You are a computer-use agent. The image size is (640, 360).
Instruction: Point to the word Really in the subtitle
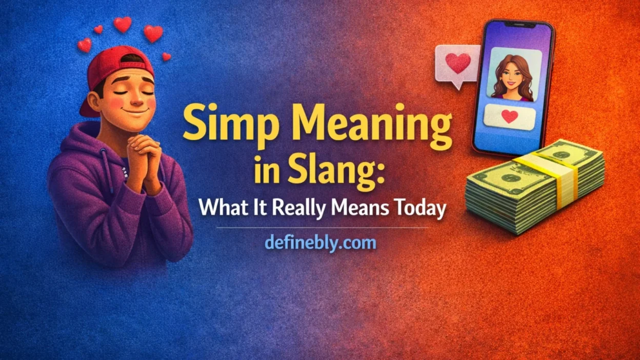coord(291,209)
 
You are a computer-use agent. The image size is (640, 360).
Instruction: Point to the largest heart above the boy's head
coord(153,33)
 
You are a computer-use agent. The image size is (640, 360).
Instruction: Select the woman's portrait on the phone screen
coord(513,76)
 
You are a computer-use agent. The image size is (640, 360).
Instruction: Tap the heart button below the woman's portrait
coord(509,116)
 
